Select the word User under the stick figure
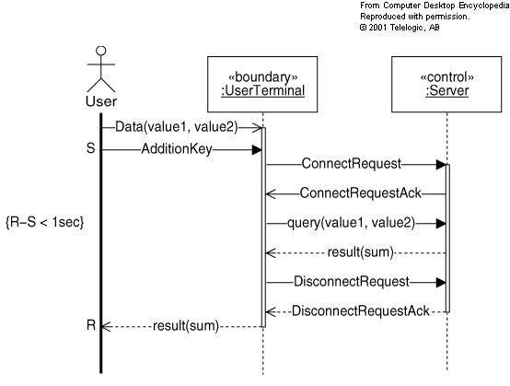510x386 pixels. click(x=101, y=101)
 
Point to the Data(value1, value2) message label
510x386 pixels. click(x=177, y=127)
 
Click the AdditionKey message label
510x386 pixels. click(x=177, y=149)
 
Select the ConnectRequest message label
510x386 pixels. click(x=352, y=163)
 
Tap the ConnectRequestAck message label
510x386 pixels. click(x=360, y=193)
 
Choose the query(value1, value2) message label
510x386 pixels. click(x=351, y=223)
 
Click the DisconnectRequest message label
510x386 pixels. click(x=352, y=282)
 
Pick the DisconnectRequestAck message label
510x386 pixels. click(x=360, y=311)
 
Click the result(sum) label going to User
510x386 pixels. click(x=186, y=326)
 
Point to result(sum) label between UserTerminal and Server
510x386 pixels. click(x=360, y=252)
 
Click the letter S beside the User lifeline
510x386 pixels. click(x=91, y=148)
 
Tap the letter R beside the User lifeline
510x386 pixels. click(x=91, y=325)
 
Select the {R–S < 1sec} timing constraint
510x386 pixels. click(x=44, y=222)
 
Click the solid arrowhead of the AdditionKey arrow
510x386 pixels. click(x=257, y=150)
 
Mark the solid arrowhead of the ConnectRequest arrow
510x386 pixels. click(x=441, y=165)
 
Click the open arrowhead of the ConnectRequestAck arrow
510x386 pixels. click(x=271, y=194)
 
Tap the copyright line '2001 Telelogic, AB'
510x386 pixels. click(x=400, y=28)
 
